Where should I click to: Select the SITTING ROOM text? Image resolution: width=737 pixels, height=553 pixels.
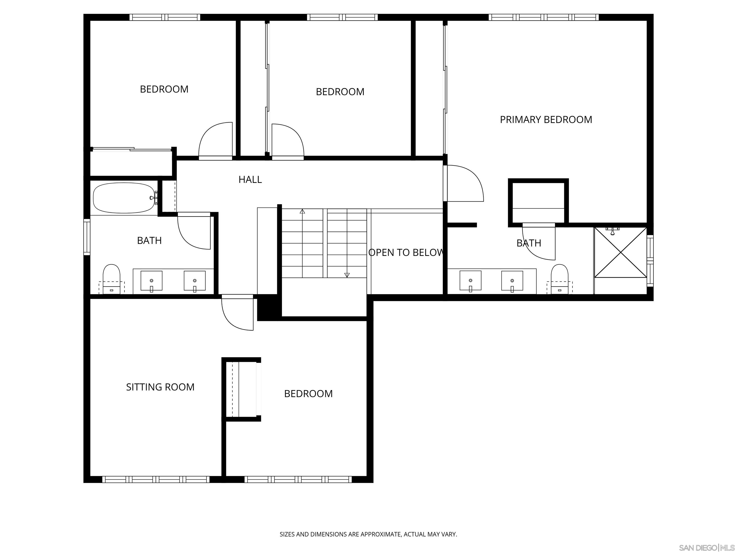pos(160,387)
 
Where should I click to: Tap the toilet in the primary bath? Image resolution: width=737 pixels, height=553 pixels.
pos(559,279)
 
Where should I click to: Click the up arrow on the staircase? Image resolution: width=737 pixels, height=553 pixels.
pos(302,211)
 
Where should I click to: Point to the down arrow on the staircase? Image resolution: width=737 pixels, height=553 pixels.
pos(347,275)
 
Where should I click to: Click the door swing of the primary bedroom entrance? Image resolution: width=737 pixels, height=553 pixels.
pos(465,183)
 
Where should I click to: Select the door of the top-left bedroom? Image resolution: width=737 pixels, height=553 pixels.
pos(215,140)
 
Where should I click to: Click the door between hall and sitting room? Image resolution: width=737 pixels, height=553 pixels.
pos(237,313)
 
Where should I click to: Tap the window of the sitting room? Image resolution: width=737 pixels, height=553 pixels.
pos(156,479)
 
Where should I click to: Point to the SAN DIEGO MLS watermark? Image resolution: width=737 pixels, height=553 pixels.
pos(706,548)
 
